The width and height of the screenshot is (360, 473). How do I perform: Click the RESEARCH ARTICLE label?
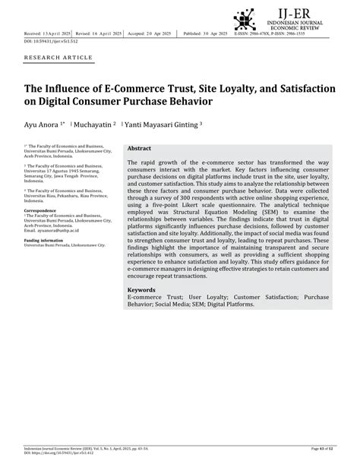point(58,58)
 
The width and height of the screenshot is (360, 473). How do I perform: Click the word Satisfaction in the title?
point(292,89)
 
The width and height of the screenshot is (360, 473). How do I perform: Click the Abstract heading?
point(140,149)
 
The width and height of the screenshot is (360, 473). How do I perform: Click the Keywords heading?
point(142,289)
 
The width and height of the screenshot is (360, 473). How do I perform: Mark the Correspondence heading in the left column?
point(40,210)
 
